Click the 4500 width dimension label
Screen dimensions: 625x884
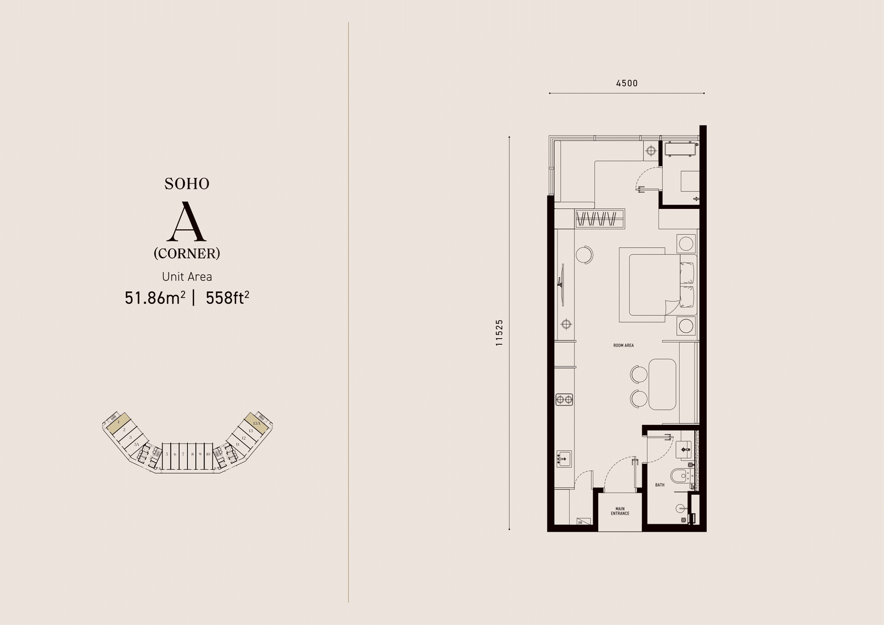click(x=627, y=83)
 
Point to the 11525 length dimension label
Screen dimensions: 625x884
click(x=499, y=332)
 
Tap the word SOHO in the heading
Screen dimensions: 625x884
click(x=187, y=184)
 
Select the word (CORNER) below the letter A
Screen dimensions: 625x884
click(x=187, y=253)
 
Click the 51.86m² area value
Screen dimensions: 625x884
click(x=155, y=298)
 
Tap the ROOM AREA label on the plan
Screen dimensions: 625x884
click(x=623, y=345)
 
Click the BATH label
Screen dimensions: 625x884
click(x=660, y=485)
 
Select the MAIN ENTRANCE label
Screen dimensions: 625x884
click(x=620, y=511)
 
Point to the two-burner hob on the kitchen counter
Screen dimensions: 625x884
click(x=564, y=398)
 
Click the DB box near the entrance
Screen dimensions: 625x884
click(x=580, y=522)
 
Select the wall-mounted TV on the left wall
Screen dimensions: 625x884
click(x=562, y=283)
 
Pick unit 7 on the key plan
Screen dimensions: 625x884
click(x=183, y=454)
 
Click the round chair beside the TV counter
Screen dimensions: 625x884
click(x=584, y=255)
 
